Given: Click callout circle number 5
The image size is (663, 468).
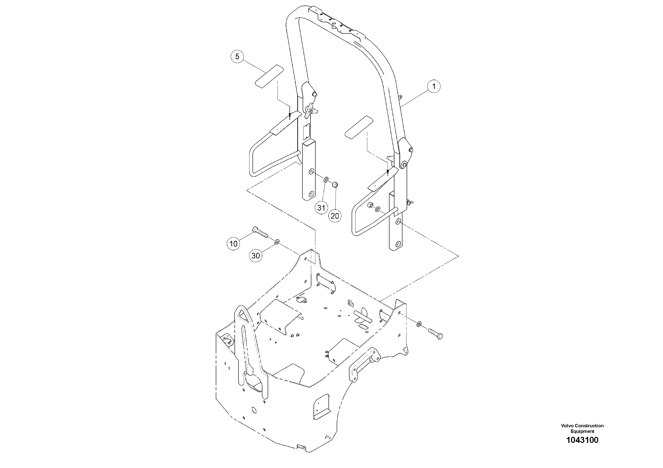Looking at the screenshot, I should [237, 57].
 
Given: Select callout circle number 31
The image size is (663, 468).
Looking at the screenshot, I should [321, 208].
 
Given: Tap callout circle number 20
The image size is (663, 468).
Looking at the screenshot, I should [335, 216].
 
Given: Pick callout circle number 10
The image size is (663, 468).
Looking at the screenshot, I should [233, 244].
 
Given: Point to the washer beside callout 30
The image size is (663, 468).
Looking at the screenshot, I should [276, 241].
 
